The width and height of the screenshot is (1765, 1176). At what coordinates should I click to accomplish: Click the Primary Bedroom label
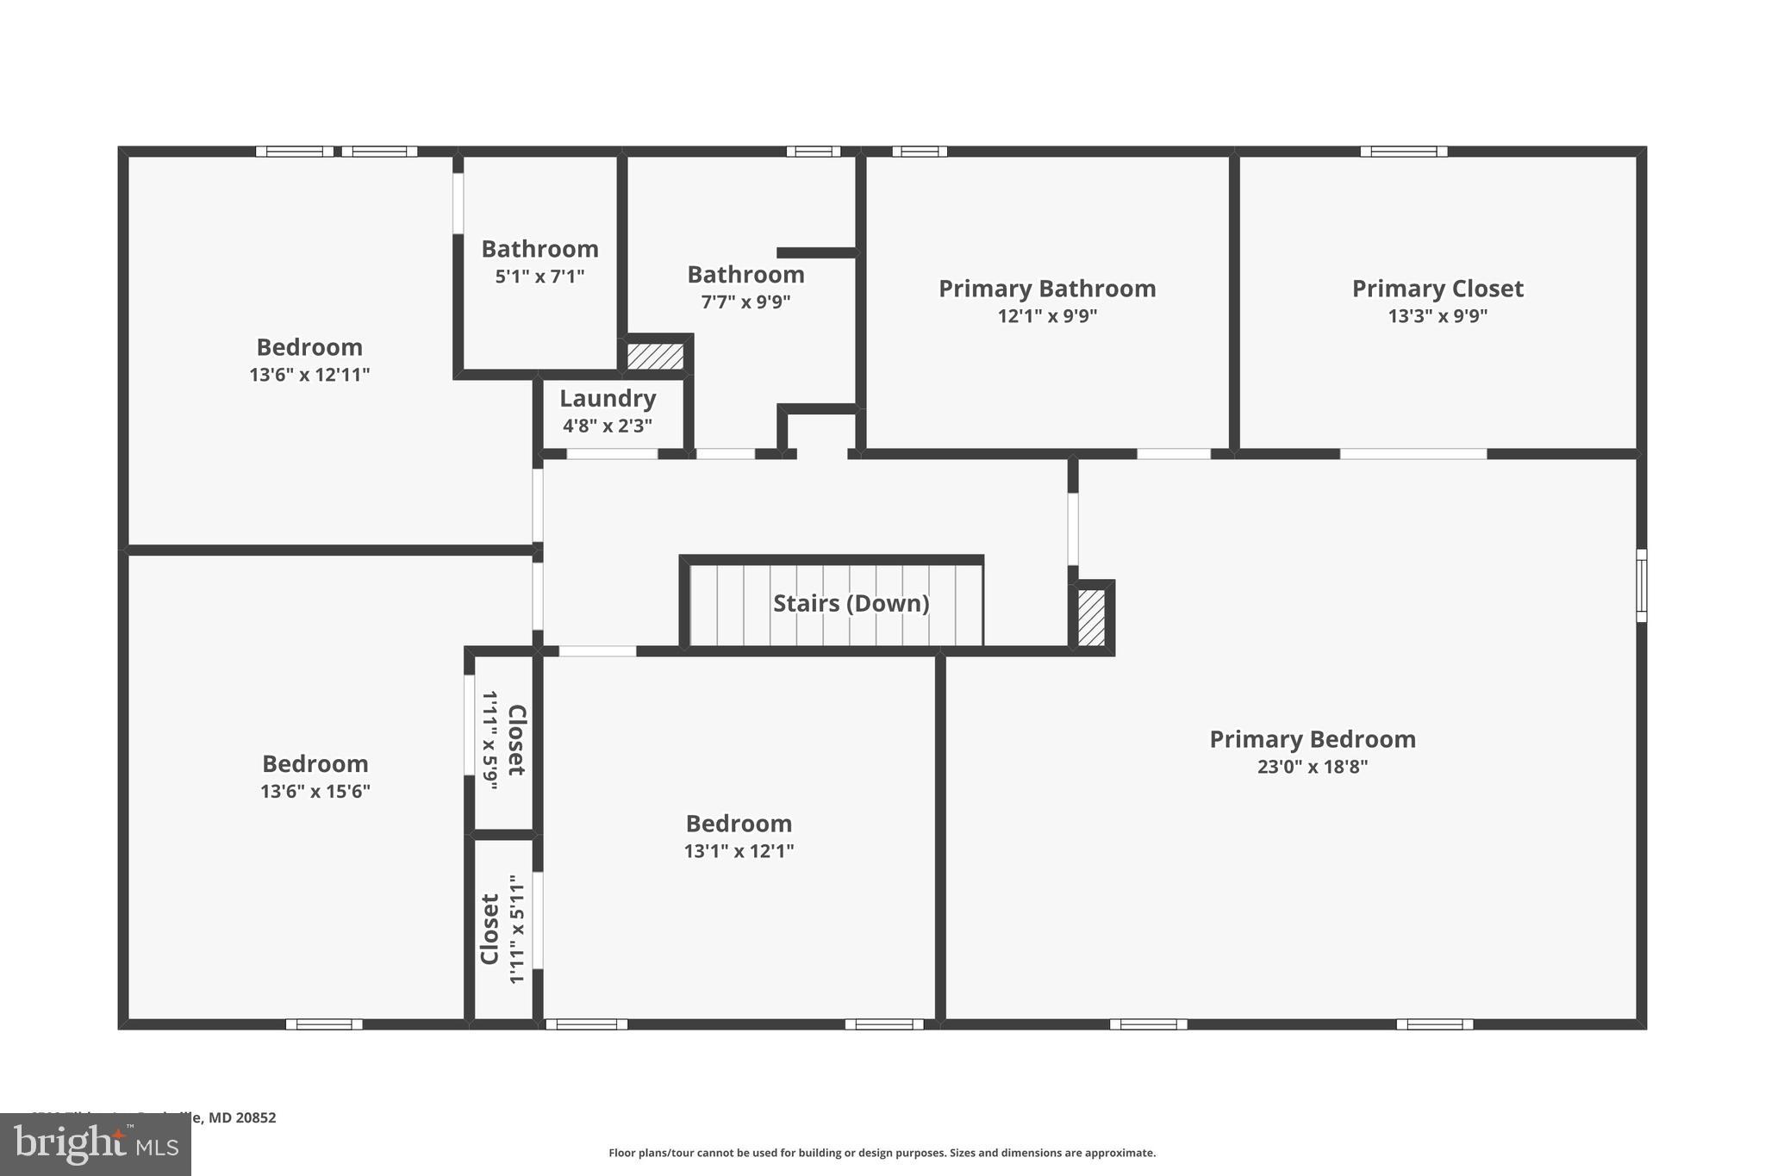pos(1312,739)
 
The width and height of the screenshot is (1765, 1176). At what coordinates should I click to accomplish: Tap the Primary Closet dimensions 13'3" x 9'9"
pos(1437,316)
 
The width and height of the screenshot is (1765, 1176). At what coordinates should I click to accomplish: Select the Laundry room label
pos(608,399)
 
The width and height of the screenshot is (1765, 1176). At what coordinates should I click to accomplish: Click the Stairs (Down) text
pos(851,603)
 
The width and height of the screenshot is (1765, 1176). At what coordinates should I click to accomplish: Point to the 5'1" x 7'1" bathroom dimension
pos(539,277)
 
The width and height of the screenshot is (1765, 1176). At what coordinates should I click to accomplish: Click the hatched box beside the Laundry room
pos(655,356)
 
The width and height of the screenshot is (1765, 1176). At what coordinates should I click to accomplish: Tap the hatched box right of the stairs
pos(1091,617)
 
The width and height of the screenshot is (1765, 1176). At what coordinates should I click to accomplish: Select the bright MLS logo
pos(96,1144)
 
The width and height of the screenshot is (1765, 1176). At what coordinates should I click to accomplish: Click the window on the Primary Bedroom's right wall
pos(1641,585)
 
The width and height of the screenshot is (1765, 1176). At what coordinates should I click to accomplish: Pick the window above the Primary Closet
pos(1403,152)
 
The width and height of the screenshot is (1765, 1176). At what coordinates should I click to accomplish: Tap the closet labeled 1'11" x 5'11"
pos(503,929)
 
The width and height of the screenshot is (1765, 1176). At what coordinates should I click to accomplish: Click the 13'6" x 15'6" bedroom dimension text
pos(315,791)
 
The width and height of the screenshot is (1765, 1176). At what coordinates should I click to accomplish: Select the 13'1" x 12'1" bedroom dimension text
pos(739,851)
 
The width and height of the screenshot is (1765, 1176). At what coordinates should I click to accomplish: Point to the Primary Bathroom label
pos(1046,289)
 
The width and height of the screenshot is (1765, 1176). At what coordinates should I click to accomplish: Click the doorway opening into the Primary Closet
pos(1413,454)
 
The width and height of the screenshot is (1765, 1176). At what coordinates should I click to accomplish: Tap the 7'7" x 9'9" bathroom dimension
pos(745,302)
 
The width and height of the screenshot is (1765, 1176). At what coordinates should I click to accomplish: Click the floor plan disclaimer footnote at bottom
pos(882,1153)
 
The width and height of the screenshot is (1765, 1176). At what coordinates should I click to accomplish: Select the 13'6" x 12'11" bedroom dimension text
pos(309,375)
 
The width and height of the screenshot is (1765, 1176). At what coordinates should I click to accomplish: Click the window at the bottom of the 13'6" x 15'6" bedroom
pos(324,1024)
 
